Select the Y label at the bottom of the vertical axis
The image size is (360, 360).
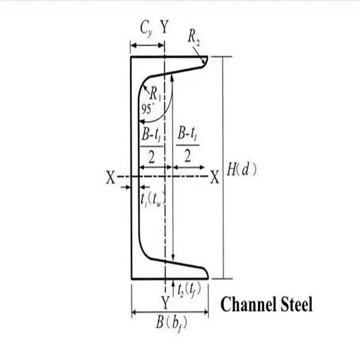click(164, 300)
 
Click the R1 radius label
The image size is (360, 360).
click(155, 94)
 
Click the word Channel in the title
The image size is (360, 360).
click(249, 305)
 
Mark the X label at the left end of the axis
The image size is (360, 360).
click(110, 177)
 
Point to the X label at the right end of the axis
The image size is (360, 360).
click(214, 177)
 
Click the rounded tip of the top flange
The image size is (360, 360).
click(205, 61)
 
